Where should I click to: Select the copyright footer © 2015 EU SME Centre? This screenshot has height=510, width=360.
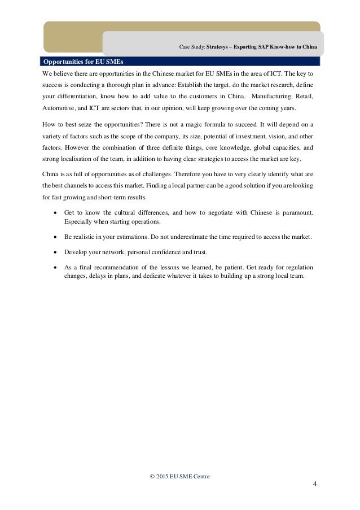pyautogui.click(x=179, y=476)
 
